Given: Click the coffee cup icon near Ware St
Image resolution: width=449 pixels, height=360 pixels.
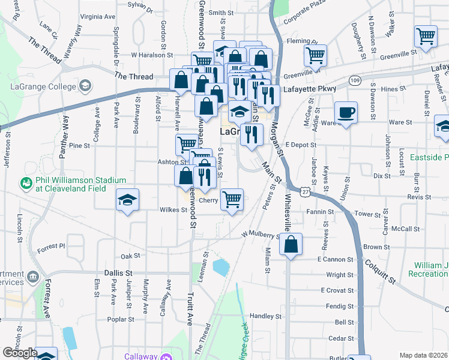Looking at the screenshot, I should pos(346,113).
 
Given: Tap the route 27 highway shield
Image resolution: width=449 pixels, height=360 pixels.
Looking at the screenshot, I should pos(306,191).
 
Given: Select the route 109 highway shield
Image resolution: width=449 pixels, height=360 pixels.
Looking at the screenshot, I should pos(355,80).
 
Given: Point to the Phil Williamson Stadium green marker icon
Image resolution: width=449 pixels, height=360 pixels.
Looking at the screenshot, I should pos(26,182).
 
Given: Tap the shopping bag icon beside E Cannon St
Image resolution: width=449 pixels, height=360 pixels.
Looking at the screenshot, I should pos(291,245).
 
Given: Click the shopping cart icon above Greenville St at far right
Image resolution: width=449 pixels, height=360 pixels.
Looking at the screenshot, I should pos(426,36).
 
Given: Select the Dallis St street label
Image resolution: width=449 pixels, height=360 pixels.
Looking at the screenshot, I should pos(118,273).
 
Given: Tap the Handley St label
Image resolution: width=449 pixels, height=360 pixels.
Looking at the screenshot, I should pos(265,316).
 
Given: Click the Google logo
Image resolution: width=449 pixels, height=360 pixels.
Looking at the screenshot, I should pos(20,353).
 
